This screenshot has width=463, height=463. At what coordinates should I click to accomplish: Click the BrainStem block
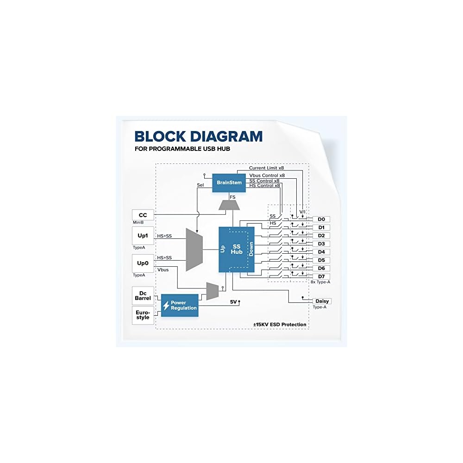coord(229,182)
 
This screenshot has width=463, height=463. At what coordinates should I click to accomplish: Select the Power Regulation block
coord(180,306)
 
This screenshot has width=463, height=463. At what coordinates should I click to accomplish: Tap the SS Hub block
coord(237,249)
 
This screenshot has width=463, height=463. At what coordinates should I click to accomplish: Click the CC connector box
coord(143,215)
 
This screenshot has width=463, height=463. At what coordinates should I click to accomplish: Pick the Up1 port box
coord(143,236)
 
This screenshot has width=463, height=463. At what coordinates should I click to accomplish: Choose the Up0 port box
coord(143,263)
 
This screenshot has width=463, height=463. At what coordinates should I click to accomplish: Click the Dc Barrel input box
coord(143,295)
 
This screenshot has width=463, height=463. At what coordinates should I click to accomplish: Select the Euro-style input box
coord(143,315)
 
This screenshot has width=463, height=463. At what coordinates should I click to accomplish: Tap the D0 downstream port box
coord(321,219)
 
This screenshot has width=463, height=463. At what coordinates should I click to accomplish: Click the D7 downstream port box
coord(321,276)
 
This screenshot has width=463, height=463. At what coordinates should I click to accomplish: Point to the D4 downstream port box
coord(321,252)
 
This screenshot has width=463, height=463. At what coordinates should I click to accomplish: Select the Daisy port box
coord(322,301)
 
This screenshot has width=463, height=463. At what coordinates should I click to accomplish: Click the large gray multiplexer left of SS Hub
coord(194,249)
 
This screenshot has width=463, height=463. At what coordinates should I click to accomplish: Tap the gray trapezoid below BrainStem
coord(229,204)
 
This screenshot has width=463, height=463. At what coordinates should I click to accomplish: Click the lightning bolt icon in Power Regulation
coord(166,306)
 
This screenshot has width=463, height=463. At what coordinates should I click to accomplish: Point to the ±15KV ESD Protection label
coord(280,325)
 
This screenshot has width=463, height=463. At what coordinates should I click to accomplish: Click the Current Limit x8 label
coord(266,168)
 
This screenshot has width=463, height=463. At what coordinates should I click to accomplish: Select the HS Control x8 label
coord(264,186)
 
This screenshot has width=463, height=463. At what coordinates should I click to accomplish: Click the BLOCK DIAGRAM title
coord(198,136)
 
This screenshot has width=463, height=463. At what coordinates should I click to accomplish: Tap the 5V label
coord(234,302)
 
